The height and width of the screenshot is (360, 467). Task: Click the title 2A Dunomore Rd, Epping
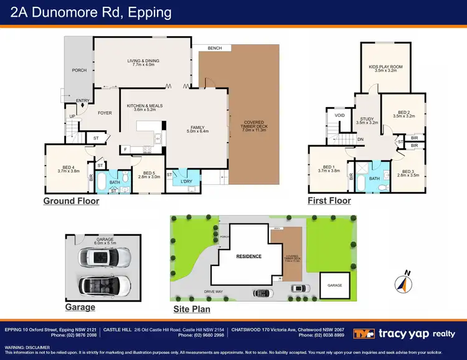[x=89, y=12]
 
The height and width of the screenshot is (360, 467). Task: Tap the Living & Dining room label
[x=143, y=62]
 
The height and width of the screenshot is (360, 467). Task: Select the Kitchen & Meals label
[x=144, y=108]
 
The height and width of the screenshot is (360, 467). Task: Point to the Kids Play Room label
[x=385, y=68]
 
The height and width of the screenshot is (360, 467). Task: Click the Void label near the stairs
[x=339, y=115]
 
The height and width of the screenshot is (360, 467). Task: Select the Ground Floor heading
[x=71, y=201]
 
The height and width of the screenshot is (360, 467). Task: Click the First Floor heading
[x=329, y=201]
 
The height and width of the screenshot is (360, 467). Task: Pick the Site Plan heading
[x=192, y=309]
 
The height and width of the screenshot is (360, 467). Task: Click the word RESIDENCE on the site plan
[x=248, y=256]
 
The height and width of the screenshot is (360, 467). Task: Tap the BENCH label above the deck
[x=215, y=48]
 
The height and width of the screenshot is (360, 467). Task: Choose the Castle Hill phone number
[x=200, y=335]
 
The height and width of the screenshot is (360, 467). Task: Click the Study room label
[x=367, y=120]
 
